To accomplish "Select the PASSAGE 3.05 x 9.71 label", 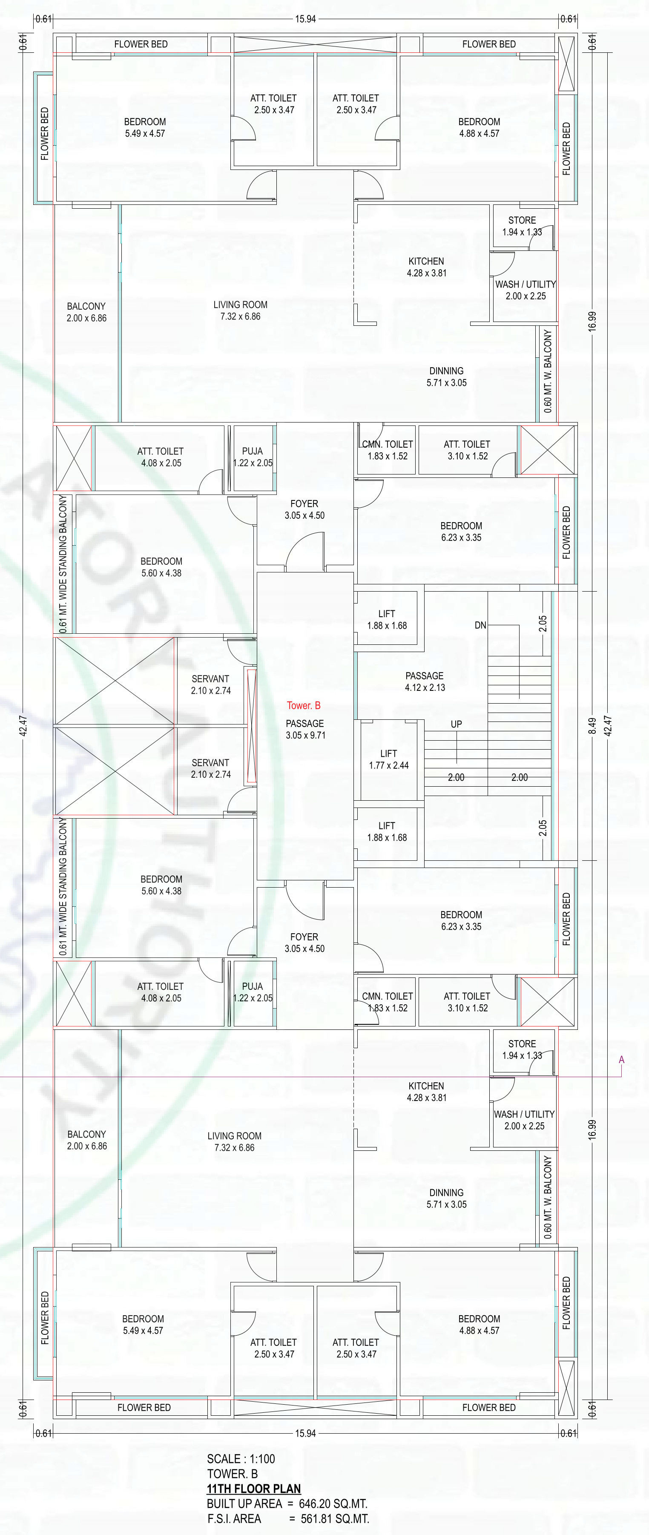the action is (305, 729).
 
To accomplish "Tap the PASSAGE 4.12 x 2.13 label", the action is (425, 682).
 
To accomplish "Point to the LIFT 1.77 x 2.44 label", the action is (388, 759).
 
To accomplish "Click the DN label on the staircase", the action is (480, 625).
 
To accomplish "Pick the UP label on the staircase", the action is (457, 724).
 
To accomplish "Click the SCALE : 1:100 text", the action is (241, 1459).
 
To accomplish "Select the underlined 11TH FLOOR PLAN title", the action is (254, 1489).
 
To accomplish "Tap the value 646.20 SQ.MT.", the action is (333, 1504).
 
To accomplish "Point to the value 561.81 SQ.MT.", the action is (335, 1519).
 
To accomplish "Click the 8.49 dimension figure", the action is (592, 726).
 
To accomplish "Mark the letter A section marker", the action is (622, 1060).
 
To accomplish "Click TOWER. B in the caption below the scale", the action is (233, 1474).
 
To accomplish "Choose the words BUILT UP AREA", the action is (244, 1504).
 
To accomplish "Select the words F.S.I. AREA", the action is (234, 1519).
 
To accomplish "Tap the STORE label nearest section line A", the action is (522, 1043).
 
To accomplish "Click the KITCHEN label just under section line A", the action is (426, 1086).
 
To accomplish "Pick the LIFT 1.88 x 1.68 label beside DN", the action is (387, 620).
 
